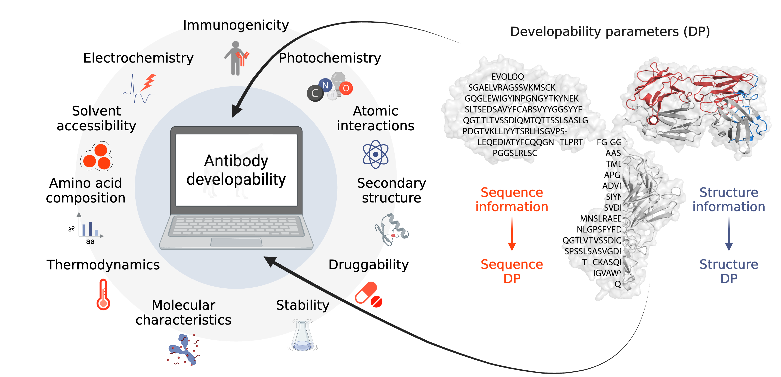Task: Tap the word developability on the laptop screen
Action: [236, 179]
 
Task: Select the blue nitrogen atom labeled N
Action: [326, 85]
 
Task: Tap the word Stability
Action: [302, 305]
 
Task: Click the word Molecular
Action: [183, 305]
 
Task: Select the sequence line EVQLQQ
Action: [508, 77]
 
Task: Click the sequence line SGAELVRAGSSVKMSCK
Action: [512, 88]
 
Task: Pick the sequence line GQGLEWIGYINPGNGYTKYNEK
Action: [522, 99]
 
